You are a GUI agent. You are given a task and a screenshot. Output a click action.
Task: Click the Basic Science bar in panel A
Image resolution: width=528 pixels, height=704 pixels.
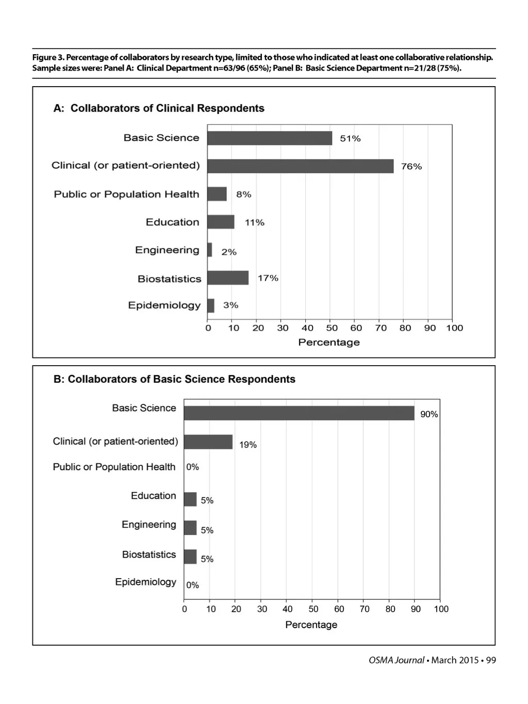pos(270,138)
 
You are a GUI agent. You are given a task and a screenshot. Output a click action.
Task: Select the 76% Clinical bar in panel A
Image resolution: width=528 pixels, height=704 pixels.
pos(300,166)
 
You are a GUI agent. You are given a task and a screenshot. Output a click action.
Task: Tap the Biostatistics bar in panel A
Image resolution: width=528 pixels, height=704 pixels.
pos(228,278)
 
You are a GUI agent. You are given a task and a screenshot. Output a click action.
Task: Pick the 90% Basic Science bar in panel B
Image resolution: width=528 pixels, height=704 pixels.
pos(299,413)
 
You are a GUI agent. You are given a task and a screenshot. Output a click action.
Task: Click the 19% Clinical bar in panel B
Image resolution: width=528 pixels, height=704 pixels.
pos(208,442)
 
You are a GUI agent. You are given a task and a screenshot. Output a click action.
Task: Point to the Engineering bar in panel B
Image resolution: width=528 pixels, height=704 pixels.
pos(190,528)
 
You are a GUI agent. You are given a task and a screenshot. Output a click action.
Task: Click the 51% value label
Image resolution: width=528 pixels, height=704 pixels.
pos(350,139)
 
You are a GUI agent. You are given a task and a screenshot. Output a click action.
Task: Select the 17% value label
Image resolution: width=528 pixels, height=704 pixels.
pos(268,279)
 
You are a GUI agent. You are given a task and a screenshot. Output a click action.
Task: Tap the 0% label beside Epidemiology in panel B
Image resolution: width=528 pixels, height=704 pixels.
pos(192,585)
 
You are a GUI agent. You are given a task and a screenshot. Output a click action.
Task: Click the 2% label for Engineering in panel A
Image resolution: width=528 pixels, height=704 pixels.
pos(229,252)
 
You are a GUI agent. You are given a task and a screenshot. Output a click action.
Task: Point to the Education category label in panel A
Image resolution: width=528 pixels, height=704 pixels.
pos(172,222)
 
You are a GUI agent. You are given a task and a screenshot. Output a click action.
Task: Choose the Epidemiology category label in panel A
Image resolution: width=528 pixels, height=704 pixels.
pos(164,305)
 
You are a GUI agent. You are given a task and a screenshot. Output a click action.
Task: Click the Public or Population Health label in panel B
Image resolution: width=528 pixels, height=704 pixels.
pos(114,467)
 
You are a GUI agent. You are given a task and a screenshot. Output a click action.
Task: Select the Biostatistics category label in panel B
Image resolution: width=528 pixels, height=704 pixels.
pos(149,554)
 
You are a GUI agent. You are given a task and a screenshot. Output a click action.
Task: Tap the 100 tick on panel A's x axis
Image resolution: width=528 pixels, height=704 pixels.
pos(454,328)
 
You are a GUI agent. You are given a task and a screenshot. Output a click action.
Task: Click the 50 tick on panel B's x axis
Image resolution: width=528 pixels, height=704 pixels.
pos(313,609)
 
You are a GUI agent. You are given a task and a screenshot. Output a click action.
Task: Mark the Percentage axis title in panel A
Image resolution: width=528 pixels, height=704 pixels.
pos(329,342)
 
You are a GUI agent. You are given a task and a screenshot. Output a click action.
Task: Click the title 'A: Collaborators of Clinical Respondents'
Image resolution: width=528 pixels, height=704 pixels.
pos(159,108)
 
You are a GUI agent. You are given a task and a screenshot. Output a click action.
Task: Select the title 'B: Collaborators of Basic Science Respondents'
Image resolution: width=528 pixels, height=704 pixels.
pos(174,380)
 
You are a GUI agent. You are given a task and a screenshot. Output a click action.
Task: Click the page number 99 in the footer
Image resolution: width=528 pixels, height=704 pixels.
pos(491,660)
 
